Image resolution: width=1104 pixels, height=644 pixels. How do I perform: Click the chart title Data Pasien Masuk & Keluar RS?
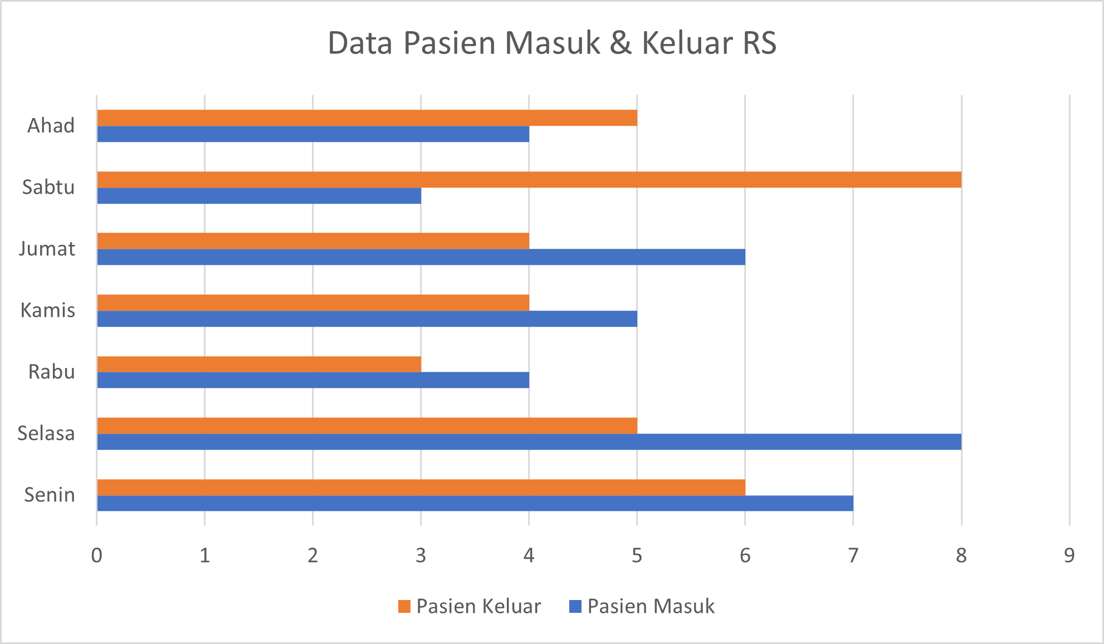coord(551,43)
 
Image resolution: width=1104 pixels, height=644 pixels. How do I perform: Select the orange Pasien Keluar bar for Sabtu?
coord(529,180)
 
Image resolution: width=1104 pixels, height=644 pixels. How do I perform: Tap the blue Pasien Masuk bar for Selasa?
coord(529,442)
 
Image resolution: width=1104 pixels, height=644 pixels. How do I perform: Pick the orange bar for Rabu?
coord(259,364)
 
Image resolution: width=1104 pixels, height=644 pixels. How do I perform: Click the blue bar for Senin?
coord(475,503)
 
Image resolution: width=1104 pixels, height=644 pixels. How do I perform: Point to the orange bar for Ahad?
coord(367,118)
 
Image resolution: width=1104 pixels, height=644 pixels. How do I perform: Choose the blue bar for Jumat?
coord(421,257)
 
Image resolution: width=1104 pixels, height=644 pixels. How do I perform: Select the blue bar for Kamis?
coord(367,319)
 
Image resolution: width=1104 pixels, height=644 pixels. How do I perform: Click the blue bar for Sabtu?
coord(259,196)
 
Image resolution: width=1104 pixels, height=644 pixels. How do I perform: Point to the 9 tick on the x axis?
coord(1069,555)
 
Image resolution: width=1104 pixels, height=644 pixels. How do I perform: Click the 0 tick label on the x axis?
coord(97,555)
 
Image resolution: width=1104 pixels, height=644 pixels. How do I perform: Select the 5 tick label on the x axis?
coord(637,555)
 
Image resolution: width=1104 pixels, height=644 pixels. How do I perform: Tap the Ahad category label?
coord(51,126)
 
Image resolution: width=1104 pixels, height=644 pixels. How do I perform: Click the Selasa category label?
coord(46,433)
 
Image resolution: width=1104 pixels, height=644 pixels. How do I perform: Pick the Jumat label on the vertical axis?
coord(47,249)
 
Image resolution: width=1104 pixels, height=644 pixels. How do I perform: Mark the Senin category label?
coord(49,495)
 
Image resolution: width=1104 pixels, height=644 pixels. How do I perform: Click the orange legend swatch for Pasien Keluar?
coord(404,606)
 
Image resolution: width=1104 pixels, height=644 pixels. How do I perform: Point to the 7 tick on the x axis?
coord(853,555)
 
